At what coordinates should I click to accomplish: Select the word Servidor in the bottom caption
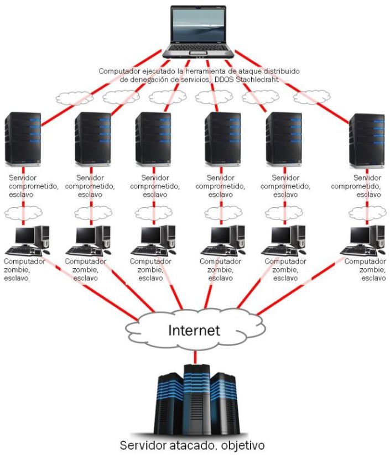[142, 445]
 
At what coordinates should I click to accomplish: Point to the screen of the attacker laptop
[199, 25]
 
